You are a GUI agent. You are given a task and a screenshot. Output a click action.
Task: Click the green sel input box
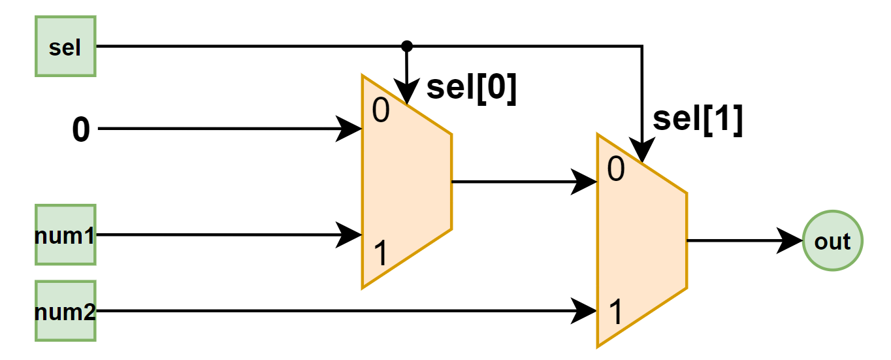click(x=65, y=47)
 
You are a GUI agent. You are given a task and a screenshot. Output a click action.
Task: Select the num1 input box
click(x=65, y=235)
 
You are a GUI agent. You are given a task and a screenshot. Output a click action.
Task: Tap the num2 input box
click(x=65, y=311)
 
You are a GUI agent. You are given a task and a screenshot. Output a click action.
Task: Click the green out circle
click(x=832, y=241)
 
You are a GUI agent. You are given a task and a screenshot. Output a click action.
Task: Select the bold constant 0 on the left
click(x=80, y=130)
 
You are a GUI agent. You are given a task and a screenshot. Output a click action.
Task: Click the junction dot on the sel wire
click(x=406, y=46)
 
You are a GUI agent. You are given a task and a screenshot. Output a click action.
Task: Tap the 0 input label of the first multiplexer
click(x=381, y=112)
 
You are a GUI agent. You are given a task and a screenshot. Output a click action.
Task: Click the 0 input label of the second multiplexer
click(x=616, y=170)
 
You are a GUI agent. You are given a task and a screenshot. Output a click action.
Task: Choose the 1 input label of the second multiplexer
click(x=615, y=313)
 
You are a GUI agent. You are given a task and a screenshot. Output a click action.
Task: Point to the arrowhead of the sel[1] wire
click(x=642, y=152)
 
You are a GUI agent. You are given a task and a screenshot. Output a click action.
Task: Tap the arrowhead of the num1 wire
click(x=350, y=235)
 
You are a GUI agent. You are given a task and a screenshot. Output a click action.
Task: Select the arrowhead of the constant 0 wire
click(x=350, y=129)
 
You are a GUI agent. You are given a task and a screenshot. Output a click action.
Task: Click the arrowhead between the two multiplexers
click(x=585, y=182)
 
